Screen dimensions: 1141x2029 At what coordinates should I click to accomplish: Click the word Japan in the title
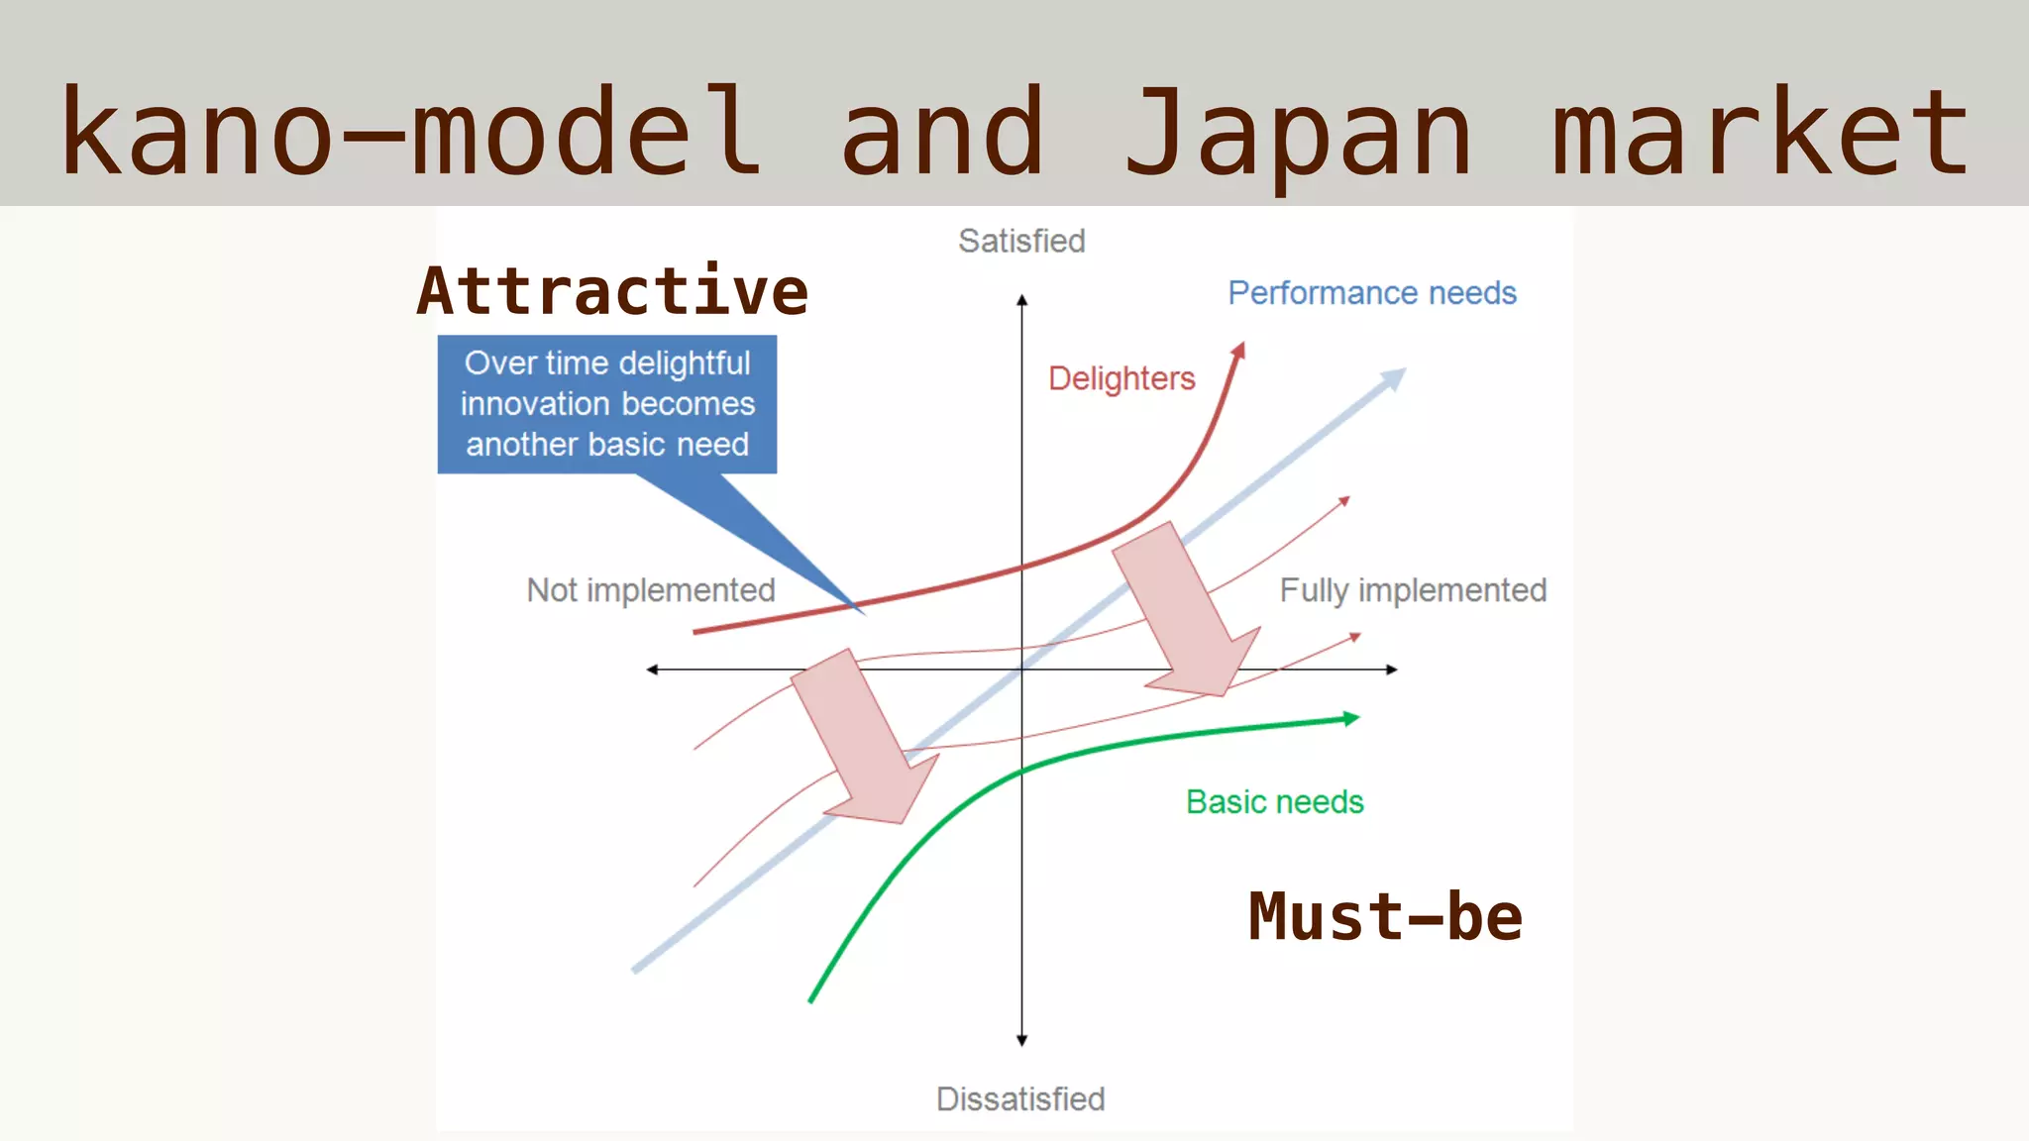coord(1298,134)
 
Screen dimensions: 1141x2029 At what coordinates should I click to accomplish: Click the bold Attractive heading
coord(612,291)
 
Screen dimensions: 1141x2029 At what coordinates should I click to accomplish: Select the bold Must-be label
coord(1385,916)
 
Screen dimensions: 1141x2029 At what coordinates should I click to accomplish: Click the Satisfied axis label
coord(1021,241)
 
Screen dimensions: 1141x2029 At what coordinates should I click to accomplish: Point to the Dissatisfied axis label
coord(1020,1098)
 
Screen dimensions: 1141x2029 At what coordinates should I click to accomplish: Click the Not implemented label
coord(651,590)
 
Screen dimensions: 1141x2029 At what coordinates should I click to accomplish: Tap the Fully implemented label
coord(1413,590)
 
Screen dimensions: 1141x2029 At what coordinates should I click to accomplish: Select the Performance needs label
coord(1372,293)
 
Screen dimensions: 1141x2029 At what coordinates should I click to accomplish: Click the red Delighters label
coord(1121,378)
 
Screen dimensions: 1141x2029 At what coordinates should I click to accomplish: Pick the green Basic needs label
coord(1275,801)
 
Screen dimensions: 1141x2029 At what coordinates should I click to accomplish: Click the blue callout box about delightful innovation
coord(607,404)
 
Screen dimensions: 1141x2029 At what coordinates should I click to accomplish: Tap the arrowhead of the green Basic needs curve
coord(1351,719)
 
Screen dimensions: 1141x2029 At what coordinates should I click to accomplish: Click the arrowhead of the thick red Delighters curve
coord(1238,351)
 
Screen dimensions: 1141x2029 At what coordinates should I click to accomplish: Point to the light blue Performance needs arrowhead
coord(1394,378)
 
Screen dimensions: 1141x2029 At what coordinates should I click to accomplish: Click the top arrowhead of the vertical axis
coord(1021,299)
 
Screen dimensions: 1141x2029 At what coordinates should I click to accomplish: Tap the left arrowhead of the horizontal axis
coord(652,670)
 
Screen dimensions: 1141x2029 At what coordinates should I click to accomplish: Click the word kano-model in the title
coord(411,134)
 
